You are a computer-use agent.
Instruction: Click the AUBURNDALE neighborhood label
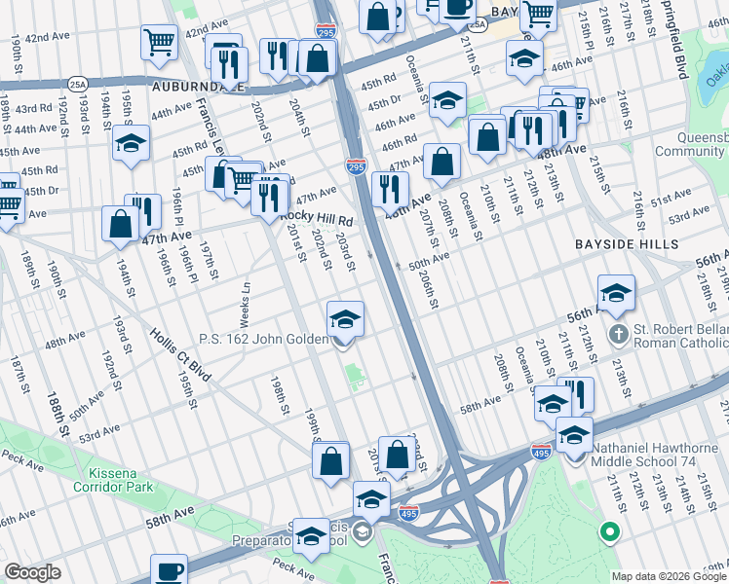(x=198, y=86)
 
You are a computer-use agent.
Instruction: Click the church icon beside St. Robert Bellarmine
(x=618, y=335)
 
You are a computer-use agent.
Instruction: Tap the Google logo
(x=32, y=572)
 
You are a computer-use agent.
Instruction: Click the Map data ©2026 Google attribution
(x=669, y=576)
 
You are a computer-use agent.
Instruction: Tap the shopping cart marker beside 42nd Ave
(x=159, y=42)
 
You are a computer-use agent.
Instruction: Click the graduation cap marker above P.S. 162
(x=344, y=317)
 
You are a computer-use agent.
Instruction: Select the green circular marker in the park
(x=610, y=531)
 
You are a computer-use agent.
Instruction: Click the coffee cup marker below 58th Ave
(x=169, y=569)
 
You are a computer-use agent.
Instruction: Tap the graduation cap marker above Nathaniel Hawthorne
(x=574, y=433)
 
